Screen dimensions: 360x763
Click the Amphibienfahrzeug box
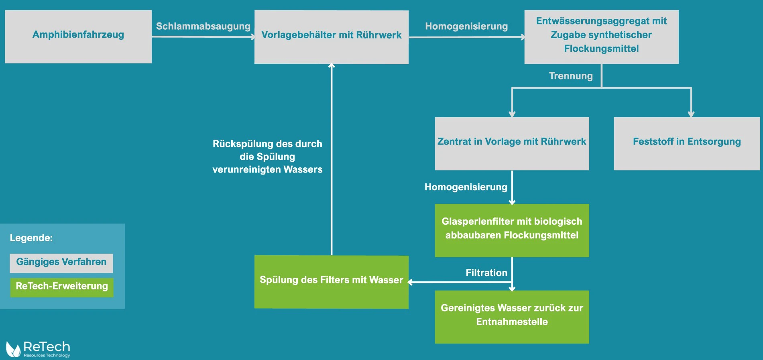click(x=78, y=37)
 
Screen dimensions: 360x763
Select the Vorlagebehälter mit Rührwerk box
click(x=331, y=37)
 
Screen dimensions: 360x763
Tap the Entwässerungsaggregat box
click(x=601, y=37)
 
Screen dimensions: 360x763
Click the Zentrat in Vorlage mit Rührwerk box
click(x=512, y=143)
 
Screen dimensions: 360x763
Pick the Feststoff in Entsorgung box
click(x=687, y=143)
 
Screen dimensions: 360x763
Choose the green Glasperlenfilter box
click(x=512, y=230)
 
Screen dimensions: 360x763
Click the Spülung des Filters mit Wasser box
click(x=331, y=282)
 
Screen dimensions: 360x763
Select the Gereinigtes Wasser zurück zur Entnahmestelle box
click(x=512, y=317)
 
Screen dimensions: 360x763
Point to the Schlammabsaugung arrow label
click(x=203, y=26)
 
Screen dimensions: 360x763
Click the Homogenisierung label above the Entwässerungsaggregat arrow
click(x=466, y=26)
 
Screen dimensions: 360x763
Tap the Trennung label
click(x=571, y=76)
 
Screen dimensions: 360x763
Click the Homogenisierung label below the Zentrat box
click(x=466, y=187)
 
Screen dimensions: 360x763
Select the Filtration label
click(x=486, y=273)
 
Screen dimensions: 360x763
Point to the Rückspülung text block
click(x=267, y=157)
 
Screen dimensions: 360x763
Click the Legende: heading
click(x=31, y=238)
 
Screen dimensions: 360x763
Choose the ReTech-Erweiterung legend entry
click(x=62, y=287)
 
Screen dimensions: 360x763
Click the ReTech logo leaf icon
click(x=13, y=349)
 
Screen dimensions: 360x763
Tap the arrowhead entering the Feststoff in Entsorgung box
click(x=691, y=114)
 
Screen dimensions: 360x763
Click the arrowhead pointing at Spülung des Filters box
click(x=411, y=282)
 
